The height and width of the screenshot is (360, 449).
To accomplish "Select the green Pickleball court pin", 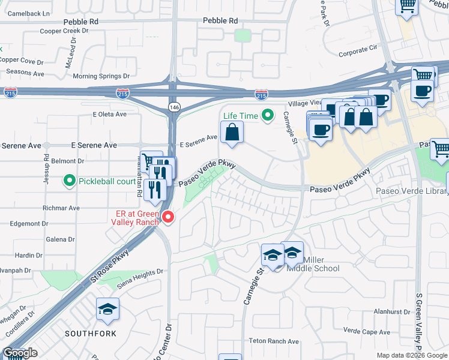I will point(70,180).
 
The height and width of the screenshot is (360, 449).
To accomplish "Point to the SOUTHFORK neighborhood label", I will point(90,333).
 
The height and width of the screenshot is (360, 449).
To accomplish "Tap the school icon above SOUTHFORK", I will point(107,310).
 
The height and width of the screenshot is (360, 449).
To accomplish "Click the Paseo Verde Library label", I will point(412,191).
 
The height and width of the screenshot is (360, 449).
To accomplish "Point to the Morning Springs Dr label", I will point(101,76).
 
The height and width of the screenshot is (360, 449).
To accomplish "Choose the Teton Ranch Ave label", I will point(274,341).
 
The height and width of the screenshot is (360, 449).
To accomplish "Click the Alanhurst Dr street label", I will point(391,312).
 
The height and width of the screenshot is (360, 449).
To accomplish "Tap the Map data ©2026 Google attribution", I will point(412,355).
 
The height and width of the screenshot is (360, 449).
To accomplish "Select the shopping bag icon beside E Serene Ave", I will point(232,133).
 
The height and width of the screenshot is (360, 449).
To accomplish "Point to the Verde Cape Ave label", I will point(367,331).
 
